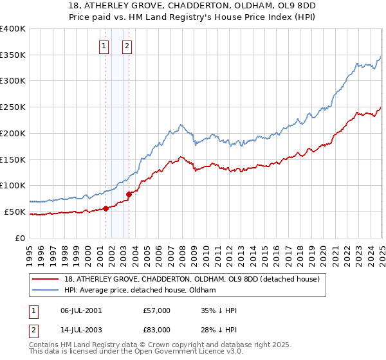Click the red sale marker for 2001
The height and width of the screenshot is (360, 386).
[x=106, y=208]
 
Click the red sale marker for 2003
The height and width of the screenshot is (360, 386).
[x=129, y=194]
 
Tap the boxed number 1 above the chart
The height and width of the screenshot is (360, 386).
[x=104, y=46]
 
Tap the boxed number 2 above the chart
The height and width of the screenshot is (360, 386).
[x=127, y=46]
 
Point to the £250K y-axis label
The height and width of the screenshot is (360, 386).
[x=13, y=107]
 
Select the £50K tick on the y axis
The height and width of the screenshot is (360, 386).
[x=15, y=212]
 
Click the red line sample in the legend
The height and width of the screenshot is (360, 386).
[x=46, y=279]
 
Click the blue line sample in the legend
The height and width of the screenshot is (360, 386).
[x=46, y=290]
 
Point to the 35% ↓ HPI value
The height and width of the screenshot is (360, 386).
[x=219, y=311]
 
